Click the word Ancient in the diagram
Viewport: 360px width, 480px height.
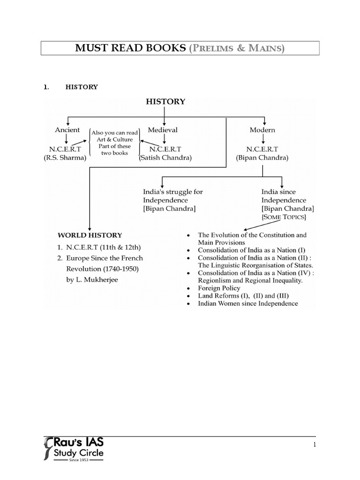[67, 130]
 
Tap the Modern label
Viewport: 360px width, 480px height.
[262, 130]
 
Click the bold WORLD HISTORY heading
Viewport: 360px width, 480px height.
[90, 235]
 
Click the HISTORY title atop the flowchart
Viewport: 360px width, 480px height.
[165, 101]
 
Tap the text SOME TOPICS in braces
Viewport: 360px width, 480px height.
[285, 217]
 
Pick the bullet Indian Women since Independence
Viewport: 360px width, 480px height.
[248, 303]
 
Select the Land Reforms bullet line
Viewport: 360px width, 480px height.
[243, 296]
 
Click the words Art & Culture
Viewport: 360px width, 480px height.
[114, 139]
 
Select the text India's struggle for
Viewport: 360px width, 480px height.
[173, 192]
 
